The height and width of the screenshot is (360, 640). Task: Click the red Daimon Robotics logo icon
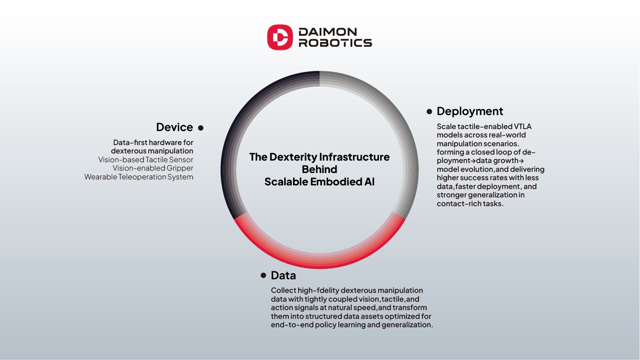click(x=280, y=37)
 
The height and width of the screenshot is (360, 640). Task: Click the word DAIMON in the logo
click(x=328, y=32)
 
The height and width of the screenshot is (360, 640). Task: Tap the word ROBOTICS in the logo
click(x=335, y=43)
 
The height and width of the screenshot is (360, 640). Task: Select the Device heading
click(x=175, y=127)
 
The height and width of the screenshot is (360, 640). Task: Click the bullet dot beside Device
click(x=201, y=128)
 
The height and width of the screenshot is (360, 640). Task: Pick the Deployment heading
click(x=470, y=111)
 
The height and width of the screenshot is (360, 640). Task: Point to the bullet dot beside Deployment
click(x=429, y=111)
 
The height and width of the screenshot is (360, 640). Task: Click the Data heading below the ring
click(x=283, y=275)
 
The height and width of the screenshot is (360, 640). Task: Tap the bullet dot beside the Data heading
click(x=263, y=275)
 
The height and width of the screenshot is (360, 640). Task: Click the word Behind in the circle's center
click(x=319, y=169)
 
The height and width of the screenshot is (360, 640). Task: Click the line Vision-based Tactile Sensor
click(x=146, y=159)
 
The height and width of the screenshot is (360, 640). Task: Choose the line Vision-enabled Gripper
click(x=153, y=168)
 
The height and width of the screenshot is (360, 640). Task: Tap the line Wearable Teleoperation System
click(x=139, y=177)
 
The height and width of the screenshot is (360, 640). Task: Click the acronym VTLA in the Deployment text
click(x=522, y=127)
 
